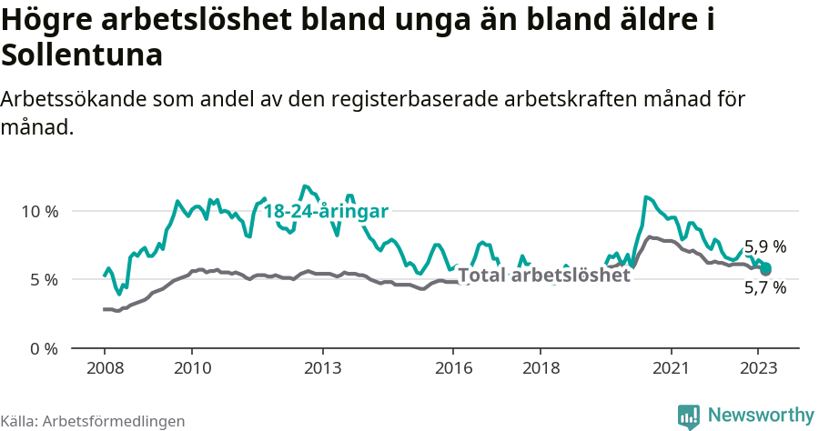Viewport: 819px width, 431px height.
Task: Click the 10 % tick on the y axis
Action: [39, 211]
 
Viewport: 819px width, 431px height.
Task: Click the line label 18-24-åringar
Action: [326, 211]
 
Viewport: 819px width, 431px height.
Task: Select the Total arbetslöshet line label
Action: [543, 276]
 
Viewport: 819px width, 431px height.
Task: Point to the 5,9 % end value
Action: [764, 246]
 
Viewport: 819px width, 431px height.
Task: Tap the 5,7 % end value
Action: [764, 288]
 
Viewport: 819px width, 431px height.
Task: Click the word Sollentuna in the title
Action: [82, 55]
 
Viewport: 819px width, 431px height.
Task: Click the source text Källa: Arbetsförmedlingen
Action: [93, 421]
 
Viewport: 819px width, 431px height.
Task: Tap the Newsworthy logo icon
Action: [689, 416]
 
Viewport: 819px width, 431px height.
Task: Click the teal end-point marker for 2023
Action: [766, 267]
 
